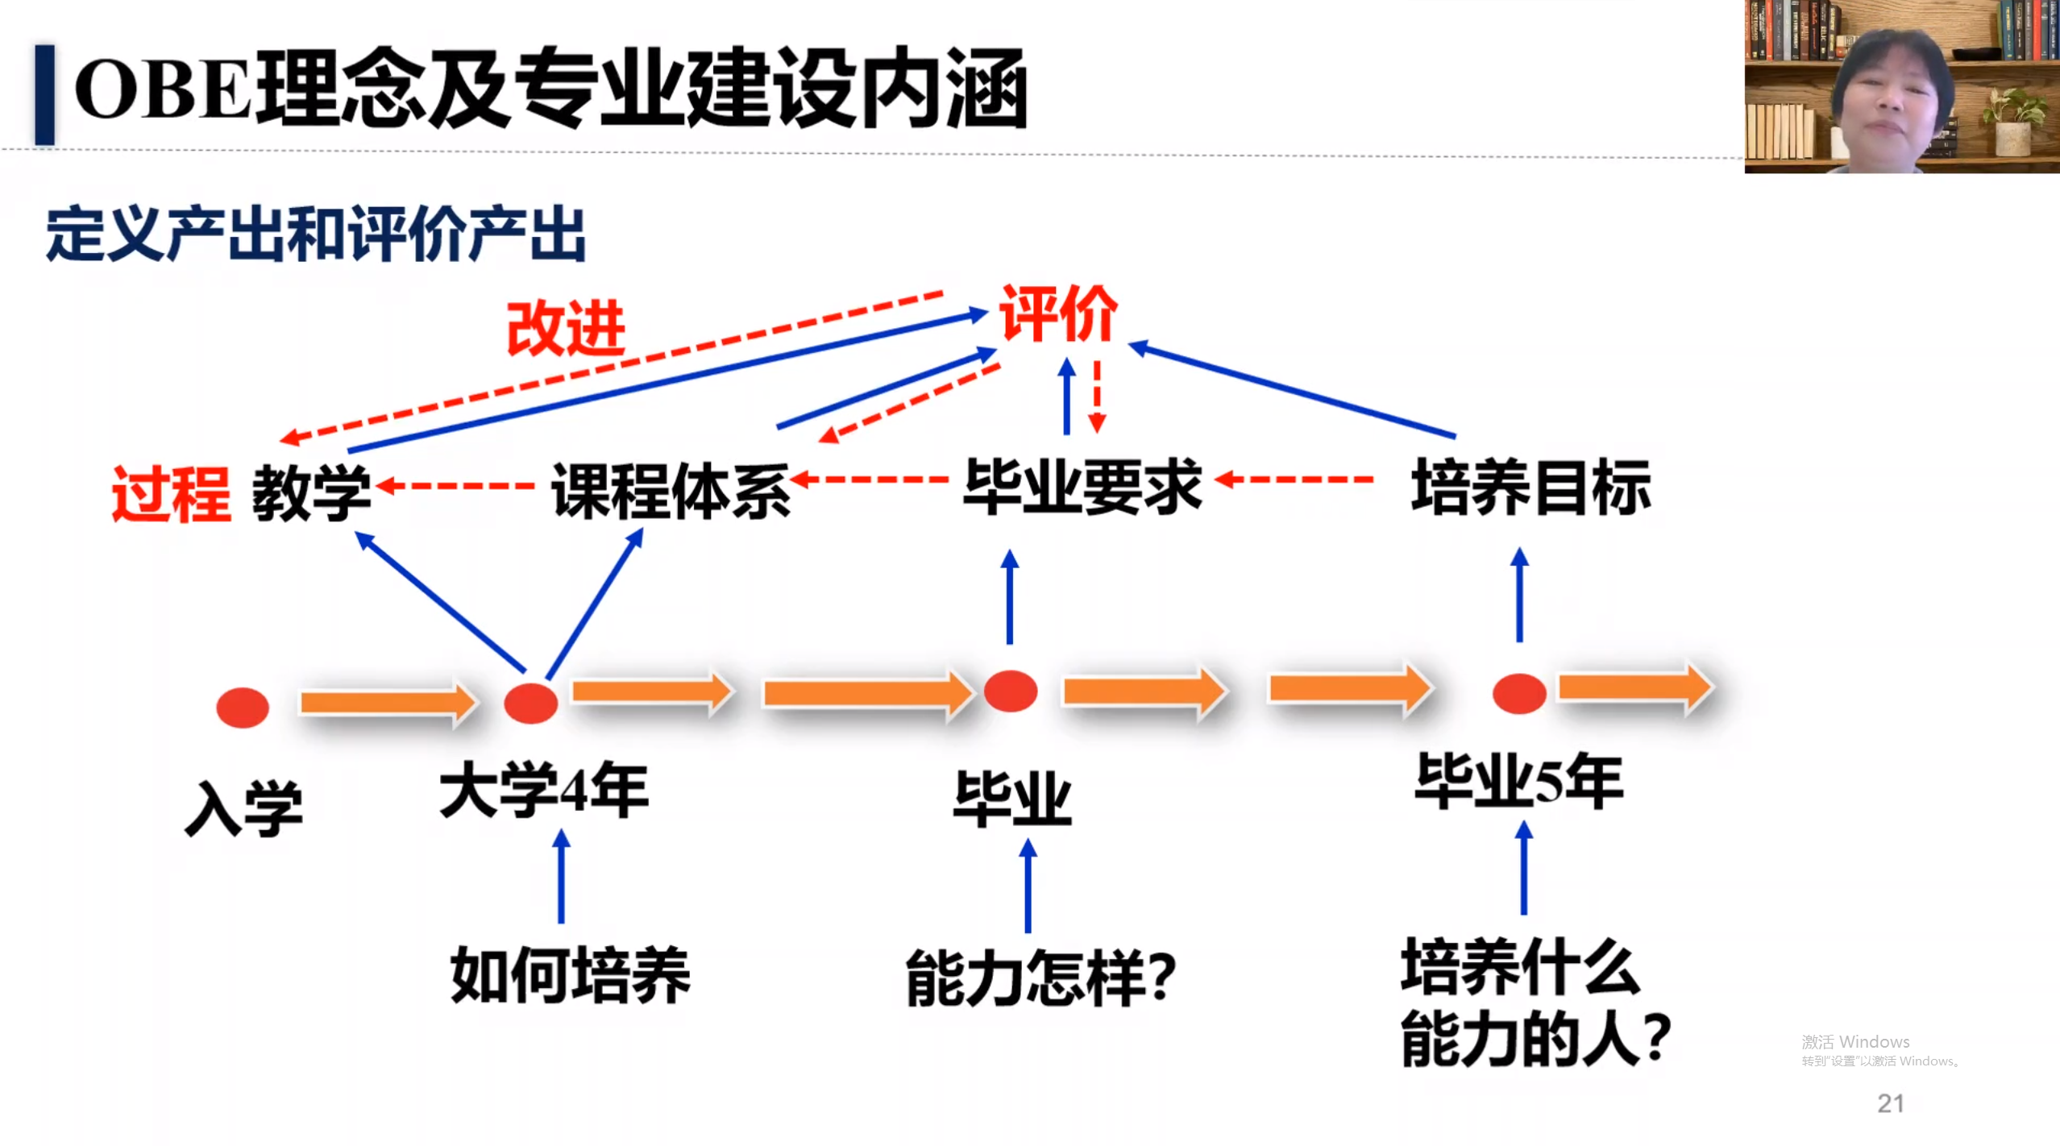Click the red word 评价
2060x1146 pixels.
(x=1058, y=314)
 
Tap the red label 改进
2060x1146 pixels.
(x=566, y=329)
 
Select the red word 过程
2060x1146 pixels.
(x=171, y=494)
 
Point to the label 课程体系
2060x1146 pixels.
(x=671, y=490)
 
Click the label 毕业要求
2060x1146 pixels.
(x=1082, y=486)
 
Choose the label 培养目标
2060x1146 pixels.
(x=1530, y=487)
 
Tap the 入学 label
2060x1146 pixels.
(x=243, y=808)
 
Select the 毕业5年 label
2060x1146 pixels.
(x=1519, y=781)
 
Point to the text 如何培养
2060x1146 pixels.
(x=570, y=975)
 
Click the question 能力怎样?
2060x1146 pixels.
(x=1040, y=978)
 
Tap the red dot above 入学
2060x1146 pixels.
(x=243, y=708)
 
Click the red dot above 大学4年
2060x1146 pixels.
(x=530, y=703)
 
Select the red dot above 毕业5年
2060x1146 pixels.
(x=1519, y=694)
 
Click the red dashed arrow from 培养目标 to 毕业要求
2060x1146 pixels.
(x=1296, y=480)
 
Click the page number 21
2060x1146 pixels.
(x=1890, y=1103)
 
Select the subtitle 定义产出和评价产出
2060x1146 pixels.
(x=316, y=235)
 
